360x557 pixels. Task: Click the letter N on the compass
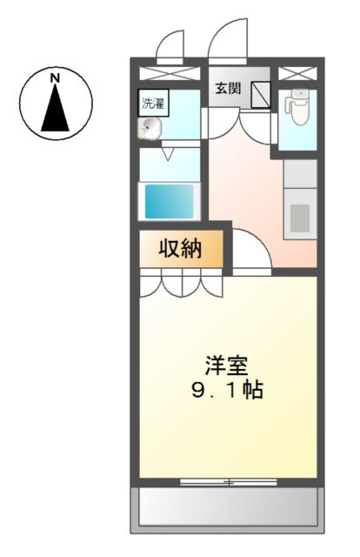(x=55, y=78)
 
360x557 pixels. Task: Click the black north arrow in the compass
(x=55, y=108)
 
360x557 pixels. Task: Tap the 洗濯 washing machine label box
(x=152, y=103)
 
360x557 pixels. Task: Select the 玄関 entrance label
(x=229, y=89)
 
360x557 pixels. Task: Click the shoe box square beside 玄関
(x=261, y=95)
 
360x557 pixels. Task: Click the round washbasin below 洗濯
(x=150, y=129)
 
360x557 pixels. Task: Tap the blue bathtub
(x=169, y=199)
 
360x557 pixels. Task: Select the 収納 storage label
(x=180, y=249)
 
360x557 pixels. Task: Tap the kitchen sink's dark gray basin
(x=299, y=214)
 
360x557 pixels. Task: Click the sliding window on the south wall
(x=229, y=480)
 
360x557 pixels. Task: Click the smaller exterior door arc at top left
(x=171, y=46)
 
